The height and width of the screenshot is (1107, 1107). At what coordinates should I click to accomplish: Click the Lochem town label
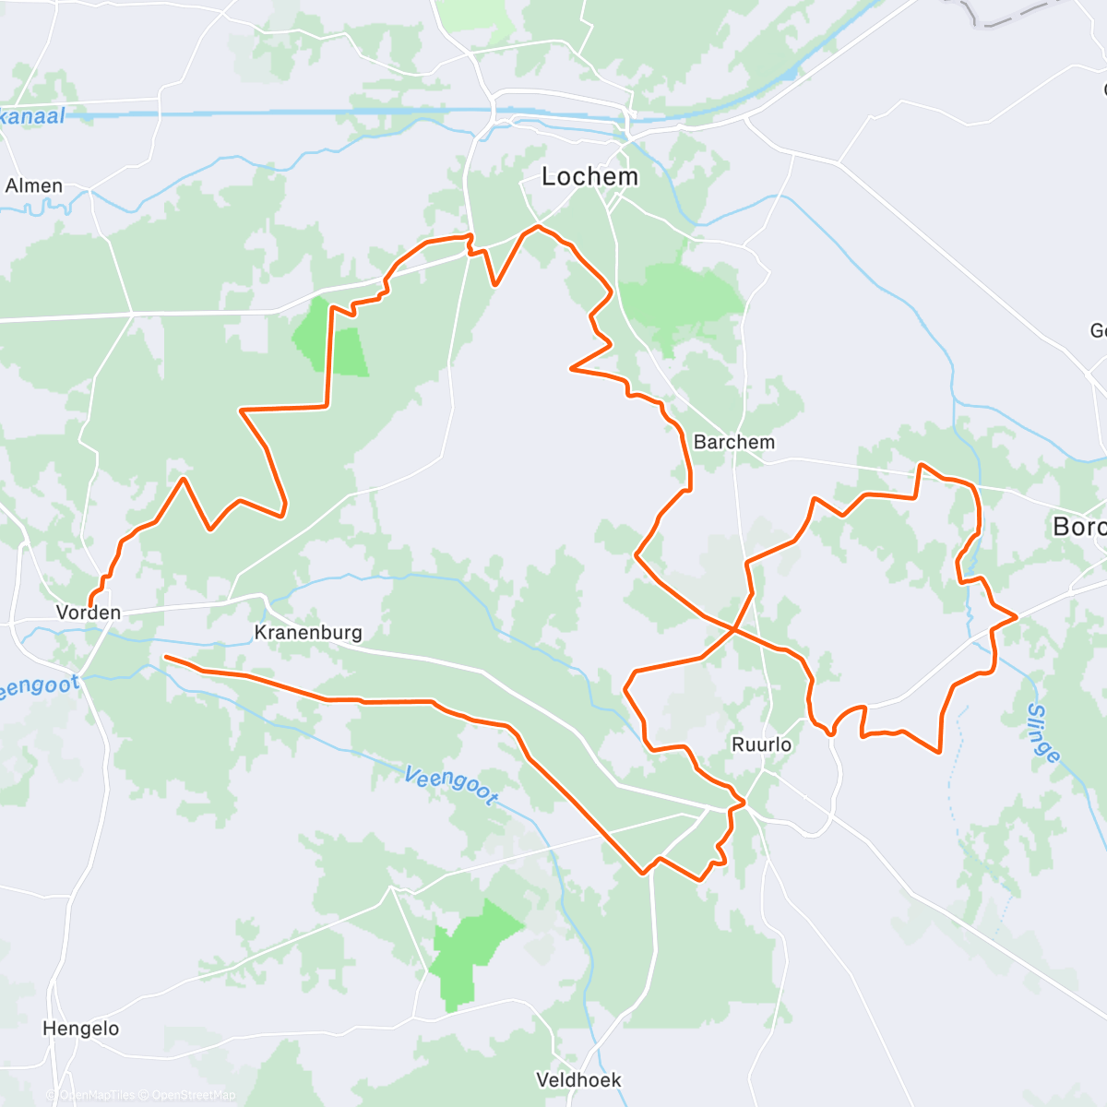click(589, 176)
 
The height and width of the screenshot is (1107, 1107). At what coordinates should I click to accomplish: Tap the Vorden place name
click(89, 613)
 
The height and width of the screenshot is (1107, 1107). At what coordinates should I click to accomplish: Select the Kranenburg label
click(308, 633)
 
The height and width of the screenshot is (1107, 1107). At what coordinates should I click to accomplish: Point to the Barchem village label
click(734, 442)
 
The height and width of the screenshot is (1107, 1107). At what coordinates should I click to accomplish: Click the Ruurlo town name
click(762, 744)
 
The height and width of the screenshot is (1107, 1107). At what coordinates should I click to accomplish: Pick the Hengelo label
click(81, 1029)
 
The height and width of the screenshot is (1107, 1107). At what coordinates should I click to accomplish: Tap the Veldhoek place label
click(579, 1079)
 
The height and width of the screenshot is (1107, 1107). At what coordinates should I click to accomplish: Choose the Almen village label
click(34, 185)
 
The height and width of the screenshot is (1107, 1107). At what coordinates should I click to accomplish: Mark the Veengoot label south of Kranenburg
click(451, 785)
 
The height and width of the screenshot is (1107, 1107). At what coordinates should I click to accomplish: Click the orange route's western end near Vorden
click(90, 604)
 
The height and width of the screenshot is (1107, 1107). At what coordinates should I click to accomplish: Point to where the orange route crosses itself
click(734, 630)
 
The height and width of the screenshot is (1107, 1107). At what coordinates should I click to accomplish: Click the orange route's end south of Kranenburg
click(166, 657)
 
